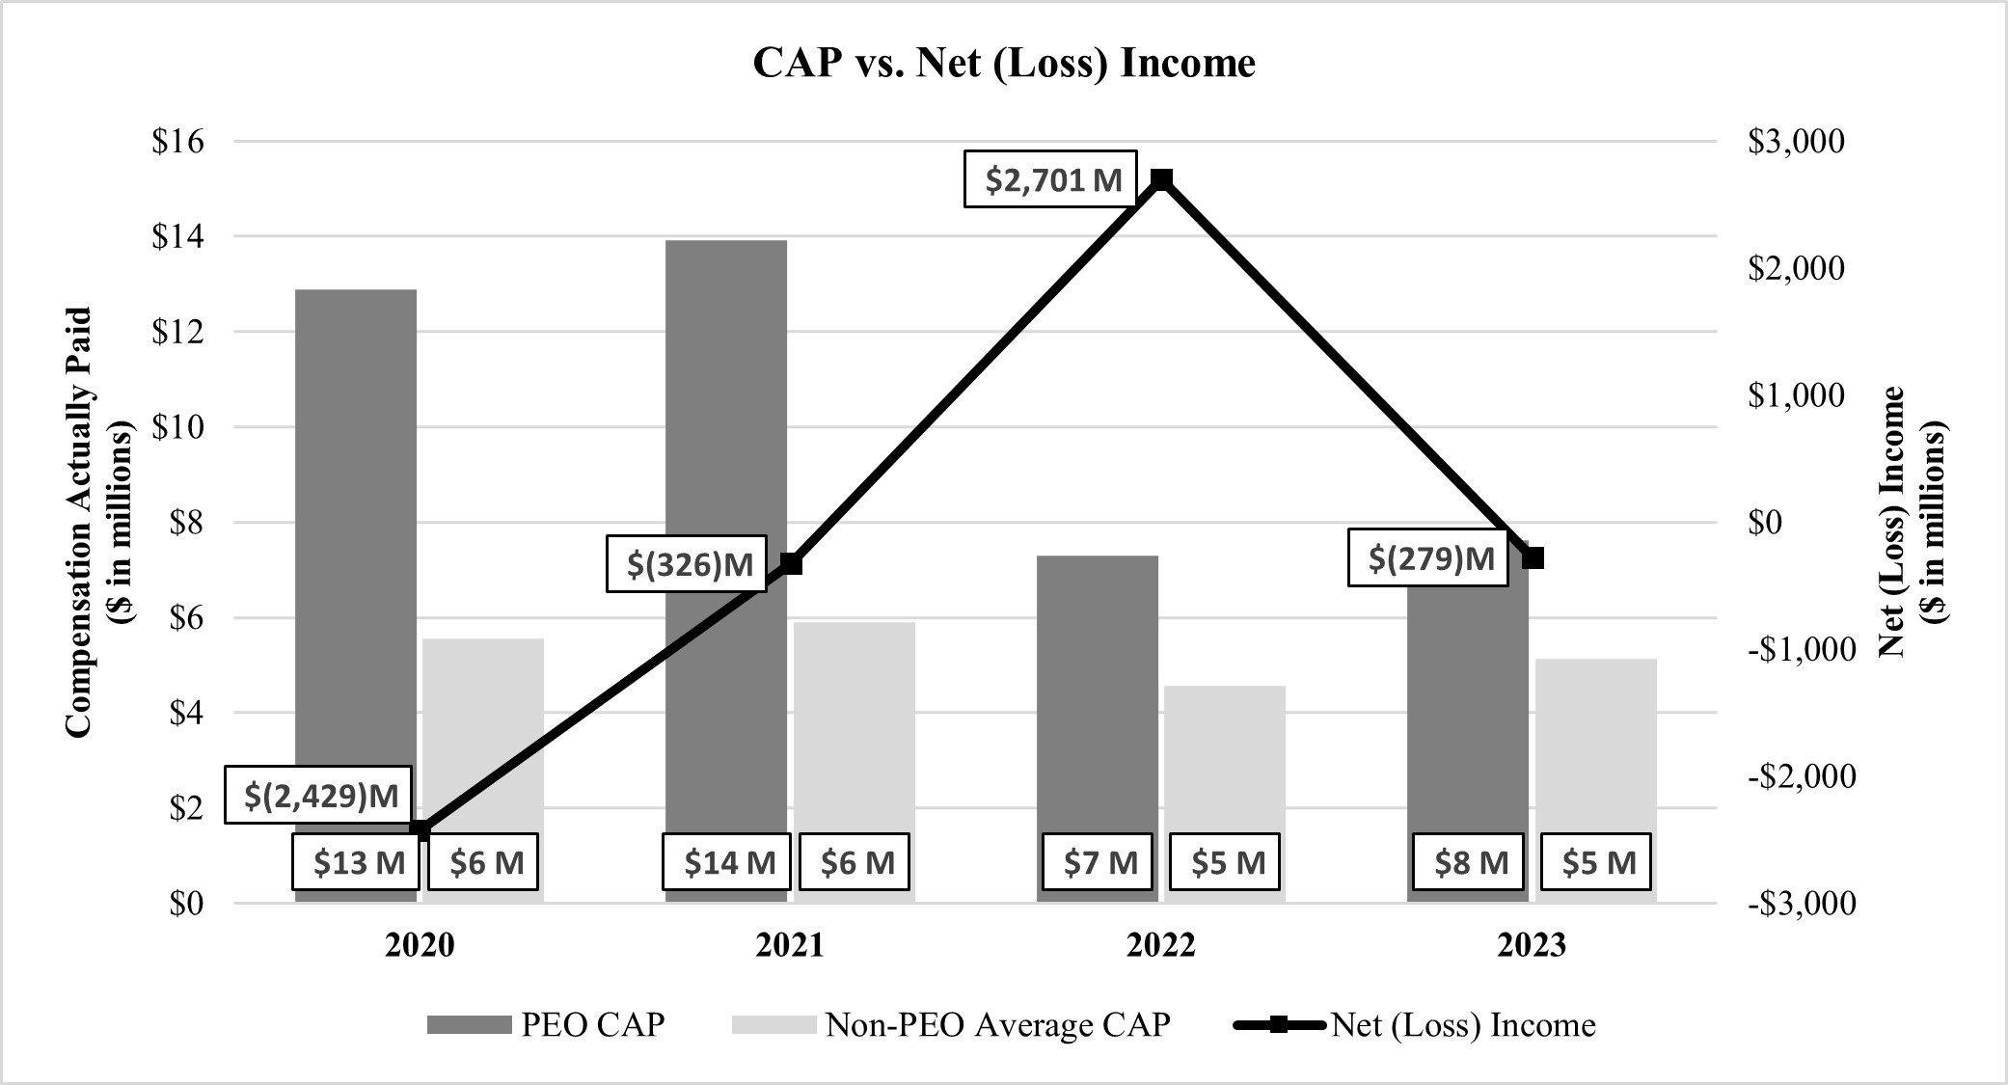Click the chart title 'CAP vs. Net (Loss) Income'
coord(1003,64)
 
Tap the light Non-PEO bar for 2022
coord(1224,762)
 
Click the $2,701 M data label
coord(1050,179)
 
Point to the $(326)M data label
coord(688,563)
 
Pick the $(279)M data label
coord(1428,558)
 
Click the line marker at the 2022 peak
coord(1162,179)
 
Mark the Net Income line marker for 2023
coord(1533,557)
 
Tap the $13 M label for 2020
coord(357,861)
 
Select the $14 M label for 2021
coord(727,861)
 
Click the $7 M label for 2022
coord(1099,861)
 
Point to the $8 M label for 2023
coord(1468,861)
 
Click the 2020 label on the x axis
coord(420,945)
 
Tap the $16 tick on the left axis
coord(178,142)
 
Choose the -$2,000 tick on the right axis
coord(1801,776)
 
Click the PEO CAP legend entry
coord(546,1024)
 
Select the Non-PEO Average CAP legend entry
coord(951,1024)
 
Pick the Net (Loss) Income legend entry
coord(1415,1024)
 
